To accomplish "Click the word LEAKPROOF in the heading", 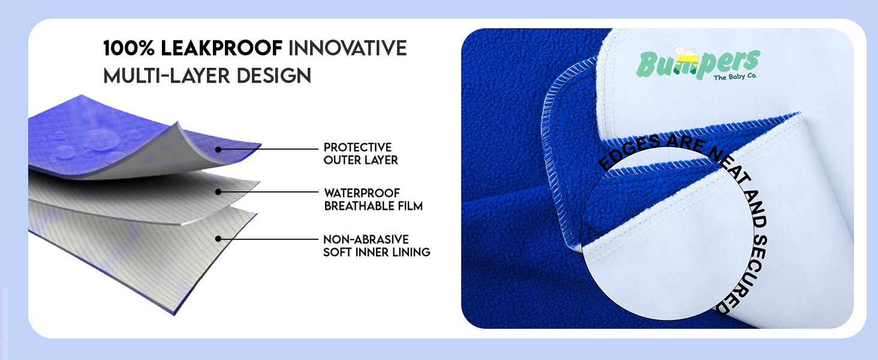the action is click(221, 48).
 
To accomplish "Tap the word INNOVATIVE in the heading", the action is click(348, 48).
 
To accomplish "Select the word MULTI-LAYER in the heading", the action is click(167, 76).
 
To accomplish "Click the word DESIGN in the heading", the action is click(274, 76).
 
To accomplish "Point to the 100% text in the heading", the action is click(129, 48).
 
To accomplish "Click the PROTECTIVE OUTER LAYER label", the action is click(360, 154).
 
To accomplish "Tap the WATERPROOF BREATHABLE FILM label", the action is click(373, 199).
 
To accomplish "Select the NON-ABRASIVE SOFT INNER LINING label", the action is click(377, 245).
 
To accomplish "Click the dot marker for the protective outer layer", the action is click(218, 149).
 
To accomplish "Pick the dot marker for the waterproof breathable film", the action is click(218, 192).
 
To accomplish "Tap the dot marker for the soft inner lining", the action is click(218, 238).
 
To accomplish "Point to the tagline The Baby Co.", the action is click(735, 77).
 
